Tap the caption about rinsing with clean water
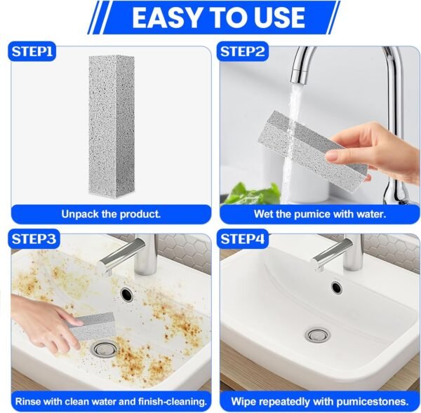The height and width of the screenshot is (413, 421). tap(110, 402)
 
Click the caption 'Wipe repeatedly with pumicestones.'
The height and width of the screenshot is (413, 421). tap(320, 402)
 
